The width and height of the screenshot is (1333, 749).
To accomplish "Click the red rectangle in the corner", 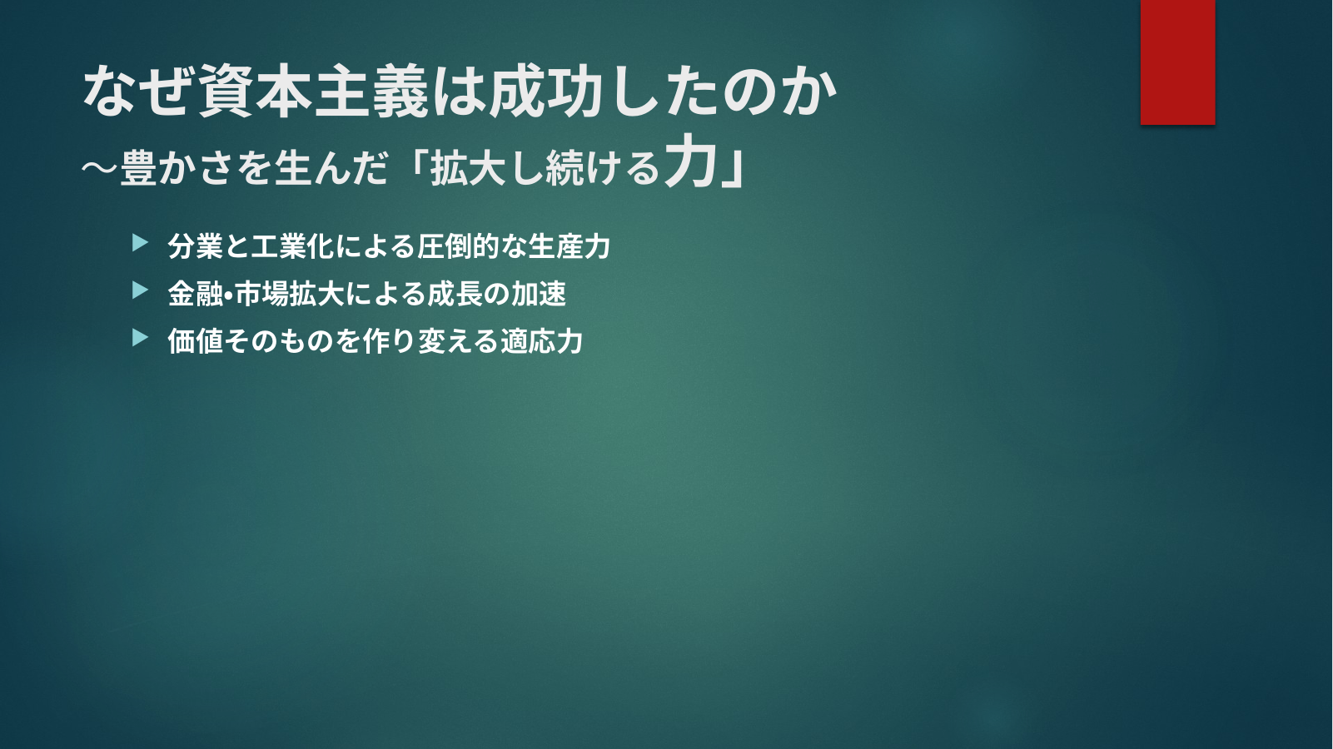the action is (1177, 62).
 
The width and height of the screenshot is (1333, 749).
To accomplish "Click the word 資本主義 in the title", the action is (314, 92).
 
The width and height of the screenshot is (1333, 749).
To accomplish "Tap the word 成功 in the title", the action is (544, 92).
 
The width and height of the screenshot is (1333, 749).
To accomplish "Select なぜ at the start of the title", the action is (140, 92).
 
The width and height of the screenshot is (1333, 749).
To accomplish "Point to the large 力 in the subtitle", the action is (689, 161).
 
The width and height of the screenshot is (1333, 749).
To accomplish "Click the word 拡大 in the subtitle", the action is (468, 168).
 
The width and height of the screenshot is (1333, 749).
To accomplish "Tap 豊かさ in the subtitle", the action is (177, 168).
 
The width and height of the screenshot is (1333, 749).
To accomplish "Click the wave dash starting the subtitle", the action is (100, 169).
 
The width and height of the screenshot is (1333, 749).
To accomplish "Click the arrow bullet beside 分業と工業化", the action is (140, 243).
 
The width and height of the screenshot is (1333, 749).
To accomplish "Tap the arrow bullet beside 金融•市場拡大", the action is (140, 290).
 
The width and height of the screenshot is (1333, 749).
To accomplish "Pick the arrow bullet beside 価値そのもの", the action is (140, 338).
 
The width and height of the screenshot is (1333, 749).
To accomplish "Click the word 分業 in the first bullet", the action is (195, 246).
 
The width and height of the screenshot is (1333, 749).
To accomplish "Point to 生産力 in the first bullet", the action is (569, 246).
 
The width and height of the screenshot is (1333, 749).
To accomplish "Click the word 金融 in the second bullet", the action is (195, 294).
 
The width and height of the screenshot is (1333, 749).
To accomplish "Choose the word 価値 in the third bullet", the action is (195, 341).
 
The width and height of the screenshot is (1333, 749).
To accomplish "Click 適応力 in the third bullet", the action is (541, 341).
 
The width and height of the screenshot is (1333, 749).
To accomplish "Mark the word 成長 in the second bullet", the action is (455, 294).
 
